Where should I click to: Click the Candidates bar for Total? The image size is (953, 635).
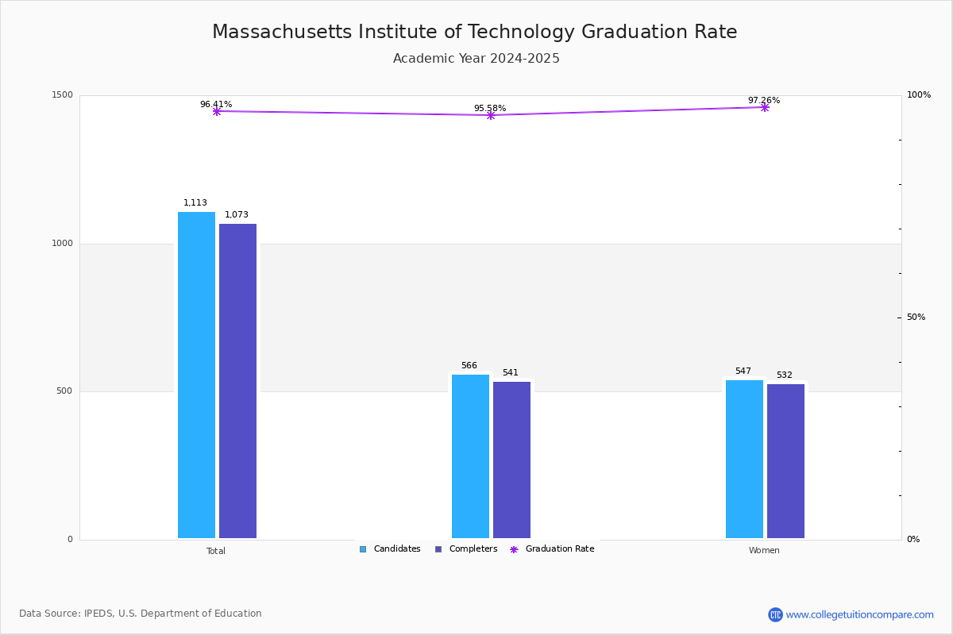[x=196, y=375]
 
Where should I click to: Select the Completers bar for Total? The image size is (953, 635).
[x=237, y=381]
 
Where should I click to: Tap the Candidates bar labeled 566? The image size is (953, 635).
[x=470, y=456]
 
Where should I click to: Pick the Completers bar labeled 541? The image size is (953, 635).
[x=511, y=460]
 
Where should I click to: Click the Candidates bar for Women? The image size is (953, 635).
[x=744, y=459]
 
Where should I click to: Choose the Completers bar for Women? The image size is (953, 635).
[x=785, y=461]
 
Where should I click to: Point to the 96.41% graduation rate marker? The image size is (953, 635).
[x=217, y=111]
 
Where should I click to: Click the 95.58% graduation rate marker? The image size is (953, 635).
[x=491, y=115]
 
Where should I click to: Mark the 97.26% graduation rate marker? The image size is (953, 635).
[x=765, y=107]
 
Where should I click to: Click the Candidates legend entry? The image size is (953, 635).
[x=390, y=549]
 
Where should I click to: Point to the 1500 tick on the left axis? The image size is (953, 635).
[x=64, y=95]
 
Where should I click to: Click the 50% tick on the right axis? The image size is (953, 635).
[x=916, y=317]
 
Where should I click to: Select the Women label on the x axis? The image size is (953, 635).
[x=764, y=551]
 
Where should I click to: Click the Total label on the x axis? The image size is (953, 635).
[x=216, y=551]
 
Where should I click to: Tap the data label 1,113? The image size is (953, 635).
[x=195, y=203]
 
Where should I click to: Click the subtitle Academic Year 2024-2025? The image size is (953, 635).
[x=476, y=59]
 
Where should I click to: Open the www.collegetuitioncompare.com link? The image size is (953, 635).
[x=859, y=614]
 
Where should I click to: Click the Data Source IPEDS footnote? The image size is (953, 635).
[x=141, y=614]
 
